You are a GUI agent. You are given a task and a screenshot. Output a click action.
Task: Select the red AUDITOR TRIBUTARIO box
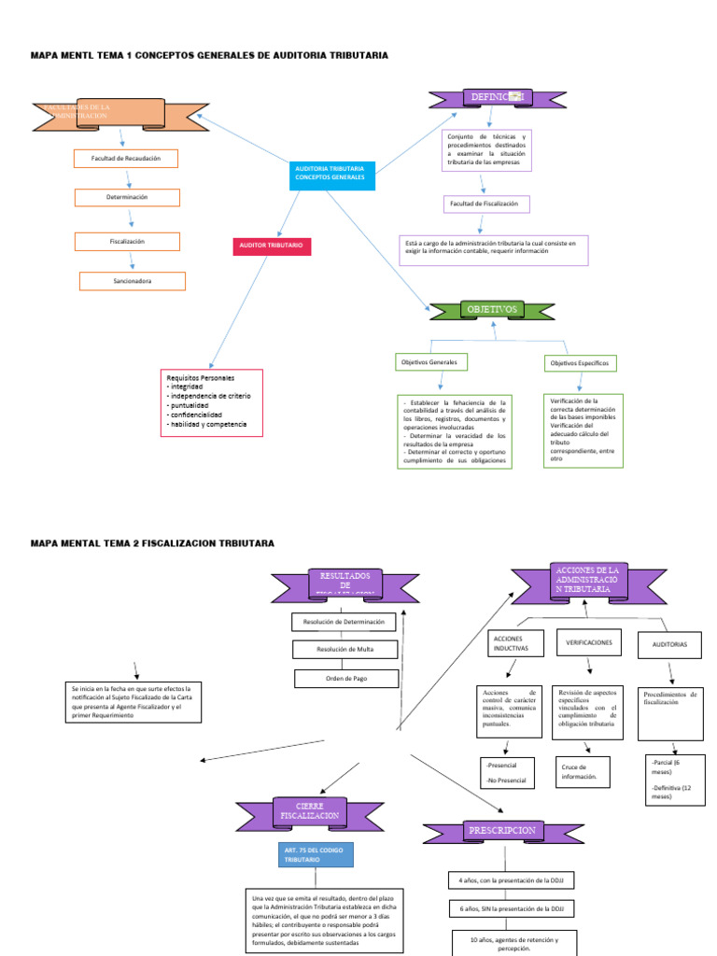click(271, 246)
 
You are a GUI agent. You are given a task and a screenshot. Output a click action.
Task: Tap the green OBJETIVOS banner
click(492, 309)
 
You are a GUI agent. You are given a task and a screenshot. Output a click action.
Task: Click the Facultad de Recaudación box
click(126, 159)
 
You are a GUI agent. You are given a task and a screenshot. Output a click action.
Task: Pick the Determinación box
click(127, 198)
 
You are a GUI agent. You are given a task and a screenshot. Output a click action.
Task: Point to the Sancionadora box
click(133, 281)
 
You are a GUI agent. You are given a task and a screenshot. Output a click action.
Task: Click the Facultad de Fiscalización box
click(486, 204)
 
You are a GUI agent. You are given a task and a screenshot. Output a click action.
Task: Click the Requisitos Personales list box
click(212, 402)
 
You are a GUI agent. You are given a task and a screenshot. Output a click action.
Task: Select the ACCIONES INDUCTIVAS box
click(514, 643)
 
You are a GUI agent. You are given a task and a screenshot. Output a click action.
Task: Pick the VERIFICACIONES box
click(589, 643)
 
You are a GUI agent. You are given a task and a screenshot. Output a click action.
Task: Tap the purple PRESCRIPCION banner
click(502, 830)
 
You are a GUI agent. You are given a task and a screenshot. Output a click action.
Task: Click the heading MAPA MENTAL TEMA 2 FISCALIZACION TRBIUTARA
click(153, 542)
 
